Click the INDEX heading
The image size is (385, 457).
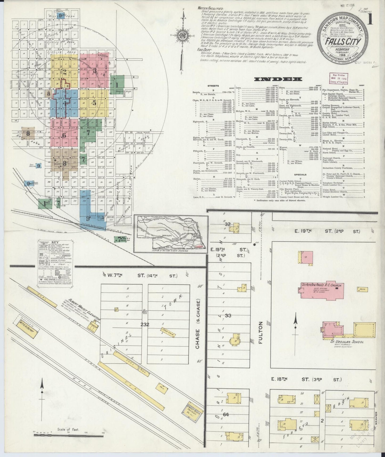278,79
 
